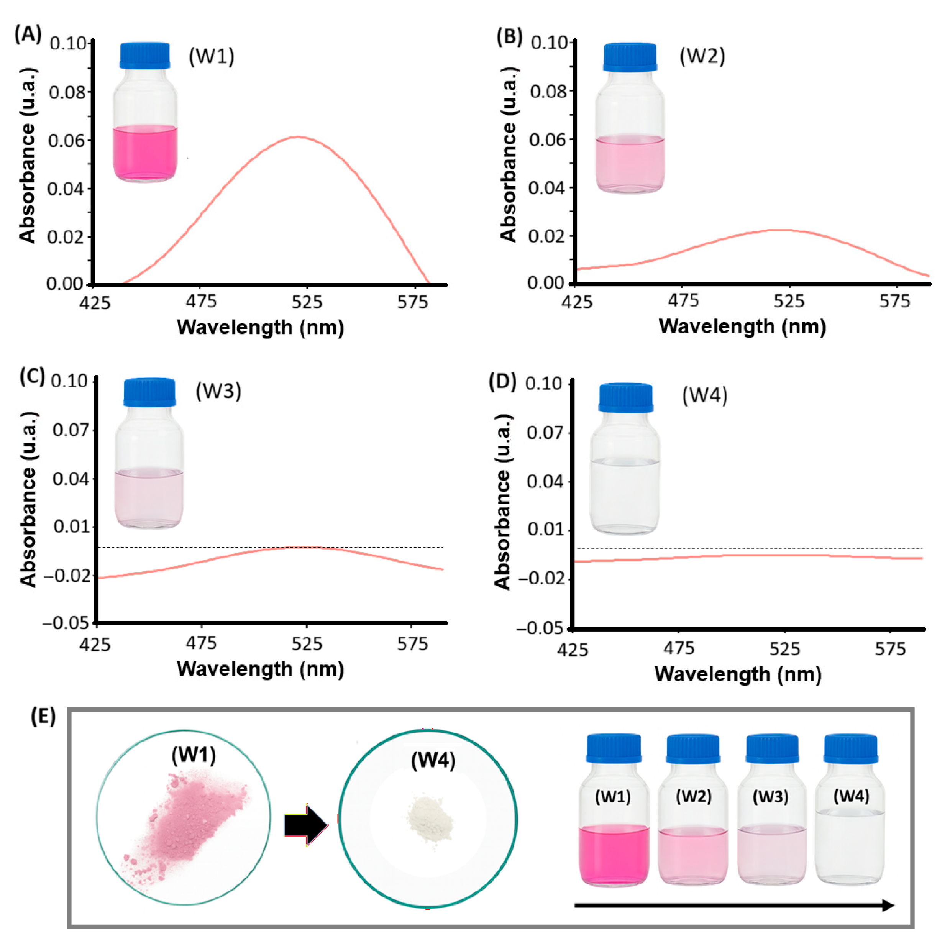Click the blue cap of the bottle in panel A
click(x=144, y=55)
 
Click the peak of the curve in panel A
click(x=299, y=137)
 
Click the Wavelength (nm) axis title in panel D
click(x=738, y=674)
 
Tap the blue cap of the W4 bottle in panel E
click(x=851, y=748)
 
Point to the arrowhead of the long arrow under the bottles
click(x=888, y=905)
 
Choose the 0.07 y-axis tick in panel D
click(x=544, y=433)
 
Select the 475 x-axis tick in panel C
click(x=201, y=643)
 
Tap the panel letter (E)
click(x=43, y=717)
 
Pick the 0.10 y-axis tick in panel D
click(x=544, y=384)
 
